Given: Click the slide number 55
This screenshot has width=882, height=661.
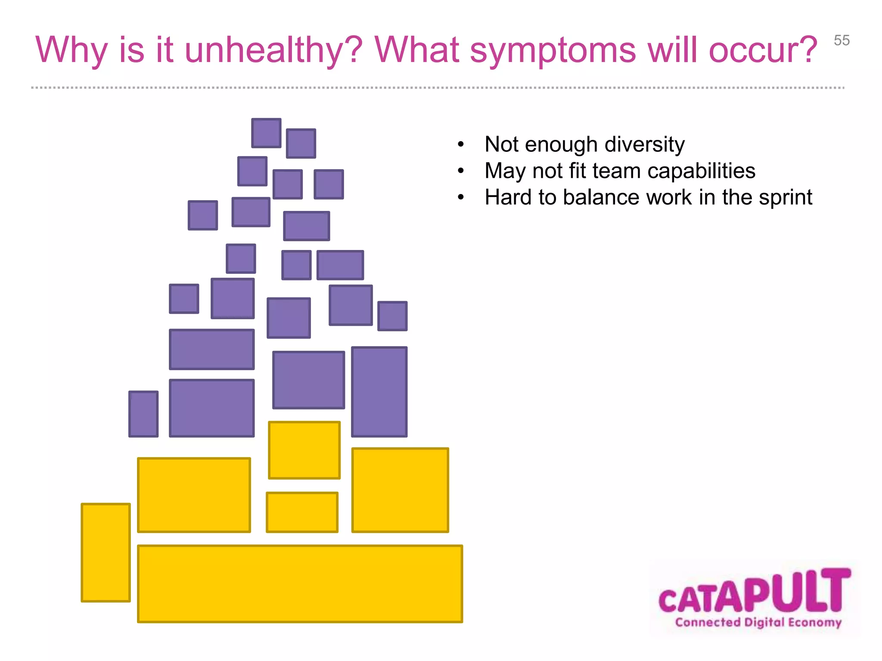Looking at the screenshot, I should coord(842,40).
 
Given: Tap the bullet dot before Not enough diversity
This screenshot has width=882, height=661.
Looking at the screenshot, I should coord(461,145).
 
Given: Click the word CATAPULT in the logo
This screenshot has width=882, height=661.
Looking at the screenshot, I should coord(754,592).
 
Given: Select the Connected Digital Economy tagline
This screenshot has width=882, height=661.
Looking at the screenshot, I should coord(758,622).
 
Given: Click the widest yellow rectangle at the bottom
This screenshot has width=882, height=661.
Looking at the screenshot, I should coord(300,584).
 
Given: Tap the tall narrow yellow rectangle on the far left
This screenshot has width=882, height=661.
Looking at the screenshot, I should coord(106,553).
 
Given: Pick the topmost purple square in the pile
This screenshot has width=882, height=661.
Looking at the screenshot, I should coord(266,133).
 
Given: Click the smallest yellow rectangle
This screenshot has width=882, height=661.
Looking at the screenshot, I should coord(302,512).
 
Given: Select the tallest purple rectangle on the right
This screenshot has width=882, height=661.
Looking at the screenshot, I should coord(379,392).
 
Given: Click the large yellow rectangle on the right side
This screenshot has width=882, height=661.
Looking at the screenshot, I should coord(400,490).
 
